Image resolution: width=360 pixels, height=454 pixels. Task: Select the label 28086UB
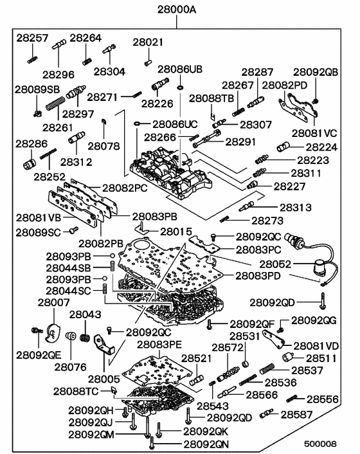point(180,69)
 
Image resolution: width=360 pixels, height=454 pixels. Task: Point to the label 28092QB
point(316,72)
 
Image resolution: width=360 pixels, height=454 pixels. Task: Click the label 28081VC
point(314,132)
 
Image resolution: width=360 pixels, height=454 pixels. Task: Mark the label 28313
point(295,207)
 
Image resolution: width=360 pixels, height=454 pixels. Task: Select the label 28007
point(49,302)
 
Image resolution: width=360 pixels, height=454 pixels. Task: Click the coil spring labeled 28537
point(268,371)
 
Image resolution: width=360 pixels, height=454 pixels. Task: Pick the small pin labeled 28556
point(298,399)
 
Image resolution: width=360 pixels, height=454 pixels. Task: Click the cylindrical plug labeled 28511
point(287,357)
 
